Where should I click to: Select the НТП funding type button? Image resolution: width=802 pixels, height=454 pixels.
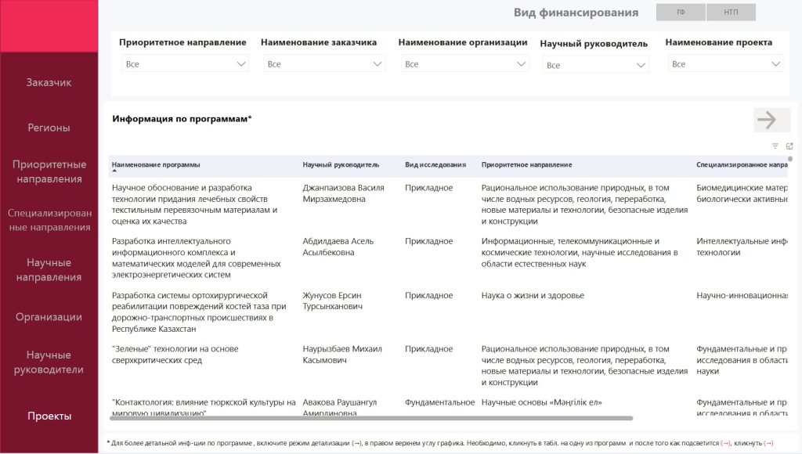pyautogui.click(x=731, y=13)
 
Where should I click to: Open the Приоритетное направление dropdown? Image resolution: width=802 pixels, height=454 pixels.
pyautogui.click(x=185, y=64)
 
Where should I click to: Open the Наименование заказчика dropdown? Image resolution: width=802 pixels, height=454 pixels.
pyautogui.click(x=323, y=64)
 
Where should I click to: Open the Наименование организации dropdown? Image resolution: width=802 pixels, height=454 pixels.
pyautogui.click(x=465, y=64)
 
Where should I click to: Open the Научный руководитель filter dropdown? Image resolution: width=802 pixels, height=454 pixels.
pyautogui.click(x=595, y=65)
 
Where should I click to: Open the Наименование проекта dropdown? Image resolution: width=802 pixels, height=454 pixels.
pyautogui.click(x=725, y=64)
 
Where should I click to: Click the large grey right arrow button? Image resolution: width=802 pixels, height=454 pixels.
pyautogui.click(x=767, y=120)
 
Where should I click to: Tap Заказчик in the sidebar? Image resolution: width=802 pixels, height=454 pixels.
pyautogui.click(x=49, y=82)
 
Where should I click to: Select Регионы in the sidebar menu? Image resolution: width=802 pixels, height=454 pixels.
pyautogui.click(x=49, y=128)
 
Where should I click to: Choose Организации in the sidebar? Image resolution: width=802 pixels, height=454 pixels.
pyautogui.click(x=49, y=317)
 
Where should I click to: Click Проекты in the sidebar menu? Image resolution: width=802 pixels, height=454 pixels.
pyautogui.click(x=49, y=416)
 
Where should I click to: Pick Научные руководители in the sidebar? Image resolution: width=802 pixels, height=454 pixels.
pyautogui.click(x=49, y=362)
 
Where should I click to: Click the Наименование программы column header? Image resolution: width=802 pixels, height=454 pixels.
pyautogui.click(x=156, y=165)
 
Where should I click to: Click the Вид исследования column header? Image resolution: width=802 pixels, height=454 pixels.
pyautogui.click(x=435, y=165)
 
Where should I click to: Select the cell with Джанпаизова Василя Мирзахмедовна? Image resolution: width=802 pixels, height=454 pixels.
pyautogui.click(x=343, y=193)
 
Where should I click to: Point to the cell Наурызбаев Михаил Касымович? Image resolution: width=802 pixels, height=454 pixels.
pyautogui.click(x=341, y=355)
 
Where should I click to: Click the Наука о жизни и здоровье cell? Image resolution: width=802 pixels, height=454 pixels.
pyautogui.click(x=533, y=296)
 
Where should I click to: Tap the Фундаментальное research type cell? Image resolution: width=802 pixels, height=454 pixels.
pyautogui.click(x=439, y=402)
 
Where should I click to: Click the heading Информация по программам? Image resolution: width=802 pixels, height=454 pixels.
pyautogui.click(x=182, y=119)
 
